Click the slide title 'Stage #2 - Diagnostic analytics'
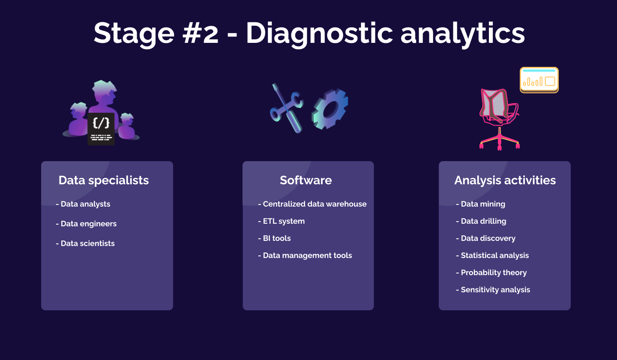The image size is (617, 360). [x=309, y=33]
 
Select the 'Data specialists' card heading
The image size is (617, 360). [x=104, y=180]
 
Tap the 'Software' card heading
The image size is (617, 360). [x=306, y=180]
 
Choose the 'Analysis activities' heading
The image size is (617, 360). [x=505, y=180]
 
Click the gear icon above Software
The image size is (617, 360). [x=329, y=109]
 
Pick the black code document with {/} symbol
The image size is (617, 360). [x=101, y=129]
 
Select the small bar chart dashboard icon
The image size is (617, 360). [x=539, y=80]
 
